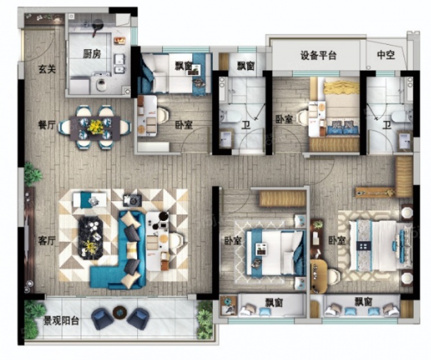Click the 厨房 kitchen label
pyautogui.click(x=92, y=54)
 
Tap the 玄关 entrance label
pyautogui.click(x=47, y=69)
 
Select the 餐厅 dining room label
pyautogui.click(x=47, y=125)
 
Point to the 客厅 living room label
pyautogui.click(x=47, y=241)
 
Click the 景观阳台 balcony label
pyautogui.click(x=61, y=321)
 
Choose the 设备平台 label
pyautogui.click(x=318, y=55)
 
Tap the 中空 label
pyautogui.click(x=386, y=55)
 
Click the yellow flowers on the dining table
pyautogui.click(x=95, y=126)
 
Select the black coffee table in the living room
pyautogui.click(x=91, y=238)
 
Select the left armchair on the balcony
pyautogui.click(x=103, y=318)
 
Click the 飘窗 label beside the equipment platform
pyautogui.click(x=246, y=66)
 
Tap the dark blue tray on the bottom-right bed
pyautogui.click(x=363, y=245)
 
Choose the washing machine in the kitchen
pyautogui.click(x=101, y=85)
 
